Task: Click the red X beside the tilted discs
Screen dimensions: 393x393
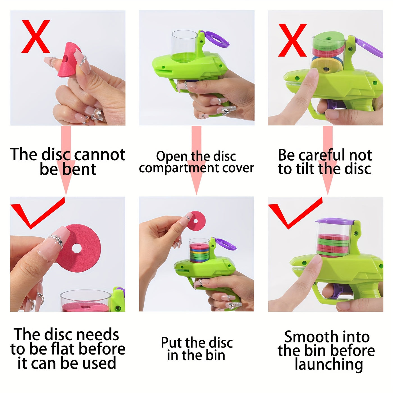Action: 292,40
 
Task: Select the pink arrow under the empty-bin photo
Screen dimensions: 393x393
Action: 196,160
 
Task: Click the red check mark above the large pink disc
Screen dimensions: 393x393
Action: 38,213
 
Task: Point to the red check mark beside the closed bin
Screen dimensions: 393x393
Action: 295,213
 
